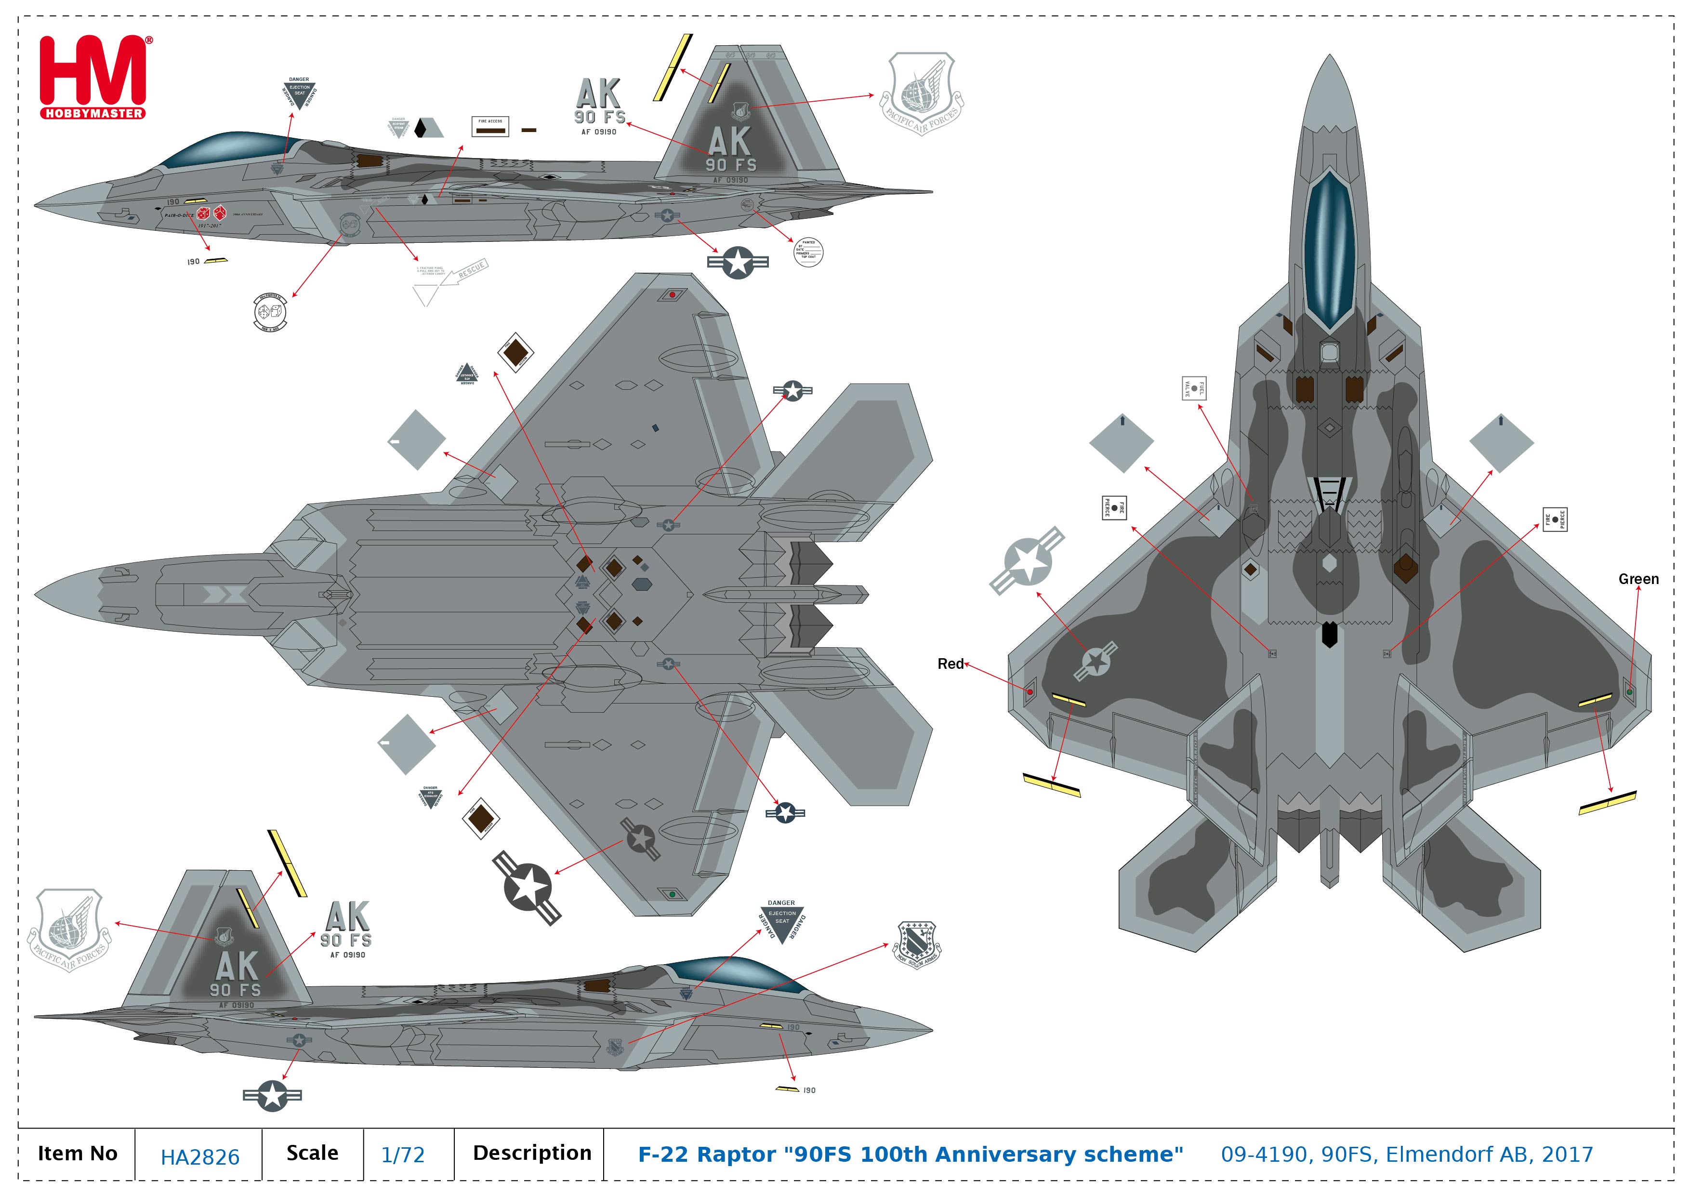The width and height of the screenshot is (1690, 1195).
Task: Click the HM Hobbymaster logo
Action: pyautogui.click(x=93, y=77)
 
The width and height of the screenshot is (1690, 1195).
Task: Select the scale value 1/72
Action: pyautogui.click(x=403, y=1155)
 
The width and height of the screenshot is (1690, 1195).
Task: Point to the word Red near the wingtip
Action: pyautogui.click(x=950, y=664)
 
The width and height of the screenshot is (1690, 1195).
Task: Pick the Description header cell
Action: pyautogui.click(x=531, y=1153)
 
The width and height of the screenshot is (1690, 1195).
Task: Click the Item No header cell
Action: pyautogui.click(x=77, y=1154)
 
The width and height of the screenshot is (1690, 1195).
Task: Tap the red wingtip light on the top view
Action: pyautogui.click(x=1030, y=692)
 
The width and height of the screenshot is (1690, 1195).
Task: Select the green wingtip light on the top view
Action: pyautogui.click(x=1629, y=692)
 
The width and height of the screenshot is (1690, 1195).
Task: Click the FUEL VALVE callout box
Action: pyautogui.click(x=1193, y=388)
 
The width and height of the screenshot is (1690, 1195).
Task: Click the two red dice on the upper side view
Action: pyautogui.click(x=211, y=213)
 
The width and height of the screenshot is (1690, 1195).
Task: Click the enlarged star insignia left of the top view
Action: pyautogui.click(x=1027, y=560)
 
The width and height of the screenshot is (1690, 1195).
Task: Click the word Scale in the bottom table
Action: pyautogui.click(x=312, y=1153)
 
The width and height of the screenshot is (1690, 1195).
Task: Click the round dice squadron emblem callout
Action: pyautogui.click(x=269, y=313)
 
